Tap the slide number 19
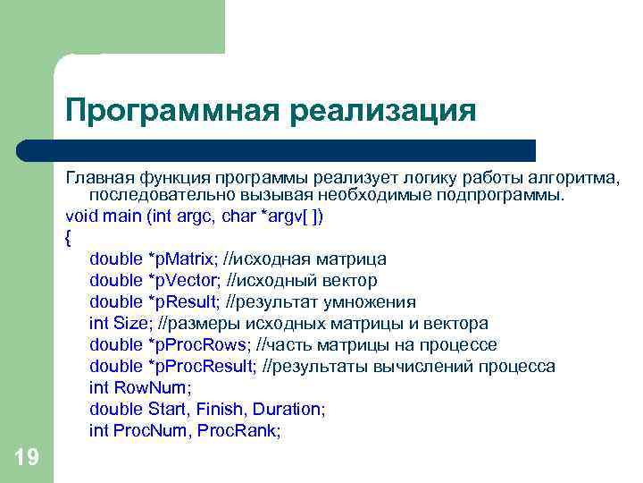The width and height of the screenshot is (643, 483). (x=26, y=458)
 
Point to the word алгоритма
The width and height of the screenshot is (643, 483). (x=573, y=174)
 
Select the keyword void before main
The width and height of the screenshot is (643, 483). (x=81, y=216)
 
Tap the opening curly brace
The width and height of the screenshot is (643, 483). (x=69, y=238)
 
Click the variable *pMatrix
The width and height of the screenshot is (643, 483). (x=182, y=259)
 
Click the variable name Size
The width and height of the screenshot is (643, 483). (x=129, y=324)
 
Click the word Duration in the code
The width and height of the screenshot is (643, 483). (x=287, y=410)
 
